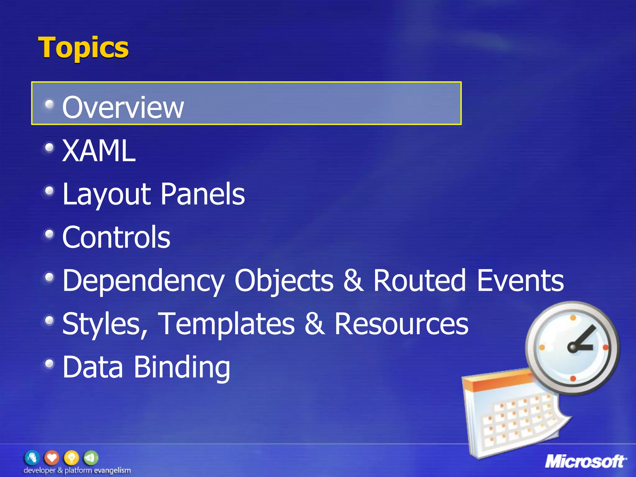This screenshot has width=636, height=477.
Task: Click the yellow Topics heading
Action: (x=83, y=48)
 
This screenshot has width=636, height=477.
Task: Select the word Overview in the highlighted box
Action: (x=123, y=107)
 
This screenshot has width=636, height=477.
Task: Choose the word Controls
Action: (x=116, y=237)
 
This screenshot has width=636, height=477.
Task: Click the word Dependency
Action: (x=143, y=281)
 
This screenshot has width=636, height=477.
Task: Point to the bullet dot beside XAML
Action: (x=49, y=148)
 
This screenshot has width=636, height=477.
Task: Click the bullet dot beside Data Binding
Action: (x=49, y=363)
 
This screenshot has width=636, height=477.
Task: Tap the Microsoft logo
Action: (x=586, y=461)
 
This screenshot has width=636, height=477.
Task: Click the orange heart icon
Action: (x=52, y=458)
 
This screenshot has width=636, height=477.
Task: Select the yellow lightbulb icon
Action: (x=71, y=458)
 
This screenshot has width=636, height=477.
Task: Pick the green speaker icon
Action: (x=90, y=458)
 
